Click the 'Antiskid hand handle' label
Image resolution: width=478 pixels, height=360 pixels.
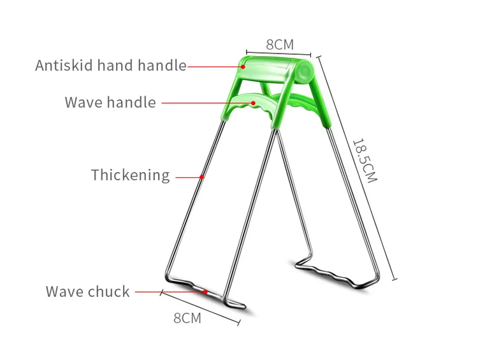(x=111, y=65)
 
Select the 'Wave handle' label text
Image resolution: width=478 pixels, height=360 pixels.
(x=110, y=103)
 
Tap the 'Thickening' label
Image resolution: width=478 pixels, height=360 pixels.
(x=130, y=175)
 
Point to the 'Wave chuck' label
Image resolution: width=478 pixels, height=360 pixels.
(x=87, y=292)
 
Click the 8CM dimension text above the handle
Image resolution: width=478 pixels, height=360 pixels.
(x=279, y=45)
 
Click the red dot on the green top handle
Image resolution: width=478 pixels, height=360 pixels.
(x=243, y=66)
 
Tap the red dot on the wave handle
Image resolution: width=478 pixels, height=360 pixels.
(x=252, y=103)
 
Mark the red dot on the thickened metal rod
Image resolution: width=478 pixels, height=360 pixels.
(x=202, y=176)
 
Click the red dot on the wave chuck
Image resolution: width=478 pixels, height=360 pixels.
(x=205, y=292)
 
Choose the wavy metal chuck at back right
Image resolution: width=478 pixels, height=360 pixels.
(x=331, y=273)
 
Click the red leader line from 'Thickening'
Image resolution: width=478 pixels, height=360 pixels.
(x=188, y=176)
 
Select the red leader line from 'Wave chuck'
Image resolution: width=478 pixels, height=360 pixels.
(x=169, y=292)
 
